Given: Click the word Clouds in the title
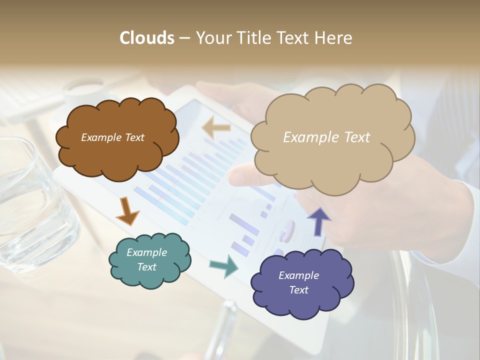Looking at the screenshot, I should tap(147, 38).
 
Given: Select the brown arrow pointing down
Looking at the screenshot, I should tap(127, 211).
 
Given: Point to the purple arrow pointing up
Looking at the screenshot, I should tap(319, 220).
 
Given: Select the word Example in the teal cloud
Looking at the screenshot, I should tap(146, 252).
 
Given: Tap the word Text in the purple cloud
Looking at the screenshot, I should tap(299, 290).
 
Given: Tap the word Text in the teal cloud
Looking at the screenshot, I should tap(147, 267).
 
